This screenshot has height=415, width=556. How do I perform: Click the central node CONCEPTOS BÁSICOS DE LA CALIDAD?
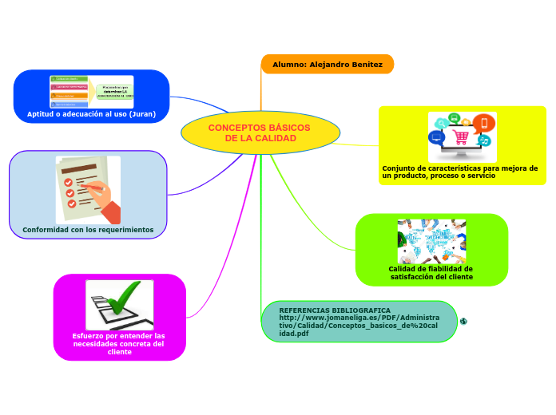pos(260,132)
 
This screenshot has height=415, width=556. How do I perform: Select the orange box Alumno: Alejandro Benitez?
pos(328,64)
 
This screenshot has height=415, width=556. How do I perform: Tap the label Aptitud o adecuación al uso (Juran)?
pos(91,114)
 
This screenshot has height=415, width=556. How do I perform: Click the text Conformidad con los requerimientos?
pos(88,230)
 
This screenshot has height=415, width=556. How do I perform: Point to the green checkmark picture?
pos(120,304)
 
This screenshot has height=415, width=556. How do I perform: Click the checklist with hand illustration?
pos(88,190)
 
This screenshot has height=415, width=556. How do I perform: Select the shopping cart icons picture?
pos(462,136)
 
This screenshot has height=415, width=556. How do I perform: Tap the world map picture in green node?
pos(431,241)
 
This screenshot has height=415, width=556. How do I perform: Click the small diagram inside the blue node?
pos(92,92)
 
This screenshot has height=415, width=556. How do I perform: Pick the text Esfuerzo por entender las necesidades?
pos(119,343)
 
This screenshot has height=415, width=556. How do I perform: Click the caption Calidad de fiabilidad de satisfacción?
pos(431,273)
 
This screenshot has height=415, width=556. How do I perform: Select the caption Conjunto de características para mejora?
pos(459,172)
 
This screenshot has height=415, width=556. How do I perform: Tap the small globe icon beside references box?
pos(463,321)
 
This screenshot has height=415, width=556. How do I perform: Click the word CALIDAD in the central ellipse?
pos(276,139)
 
